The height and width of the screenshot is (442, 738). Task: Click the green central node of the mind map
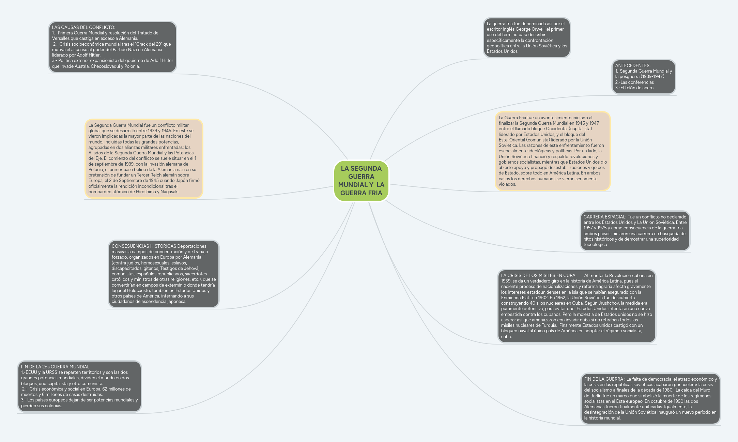click(x=361, y=181)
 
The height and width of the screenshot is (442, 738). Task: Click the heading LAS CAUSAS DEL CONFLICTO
click(x=83, y=27)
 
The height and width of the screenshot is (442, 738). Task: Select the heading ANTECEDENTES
click(x=633, y=65)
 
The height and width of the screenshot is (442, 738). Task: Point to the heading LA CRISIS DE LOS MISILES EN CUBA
click(x=539, y=275)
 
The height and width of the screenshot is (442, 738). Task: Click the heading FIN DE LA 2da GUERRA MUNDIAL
click(x=55, y=367)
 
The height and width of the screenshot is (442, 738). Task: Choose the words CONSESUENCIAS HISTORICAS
click(x=144, y=246)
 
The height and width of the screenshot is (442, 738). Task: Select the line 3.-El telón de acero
click(x=634, y=88)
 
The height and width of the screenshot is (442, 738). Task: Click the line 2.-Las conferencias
click(x=634, y=82)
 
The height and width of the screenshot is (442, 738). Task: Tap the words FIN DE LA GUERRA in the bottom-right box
click(x=603, y=379)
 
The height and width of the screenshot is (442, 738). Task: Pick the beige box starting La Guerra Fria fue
click(x=553, y=151)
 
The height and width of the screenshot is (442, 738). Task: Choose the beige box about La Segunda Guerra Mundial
click(x=144, y=158)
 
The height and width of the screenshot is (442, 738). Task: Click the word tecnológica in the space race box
click(x=595, y=244)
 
